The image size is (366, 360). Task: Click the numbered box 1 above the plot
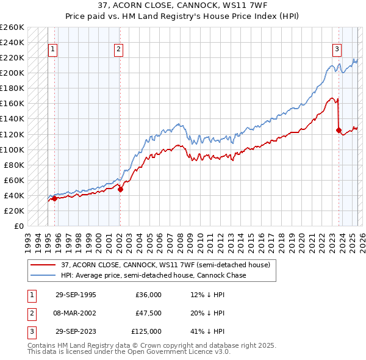(52, 50)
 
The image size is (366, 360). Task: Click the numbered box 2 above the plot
(118, 50)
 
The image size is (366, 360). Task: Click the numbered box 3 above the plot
(336, 50)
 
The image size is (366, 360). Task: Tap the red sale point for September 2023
(339, 130)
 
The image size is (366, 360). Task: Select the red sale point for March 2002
(120, 189)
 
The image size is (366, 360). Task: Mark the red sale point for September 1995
(54, 198)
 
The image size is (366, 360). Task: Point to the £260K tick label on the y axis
(12, 27)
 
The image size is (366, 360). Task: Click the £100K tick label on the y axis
(12, 149)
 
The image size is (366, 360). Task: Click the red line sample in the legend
(43, 265)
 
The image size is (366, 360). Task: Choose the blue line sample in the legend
(43, 275)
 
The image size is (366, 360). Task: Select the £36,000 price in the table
(149, 295)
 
